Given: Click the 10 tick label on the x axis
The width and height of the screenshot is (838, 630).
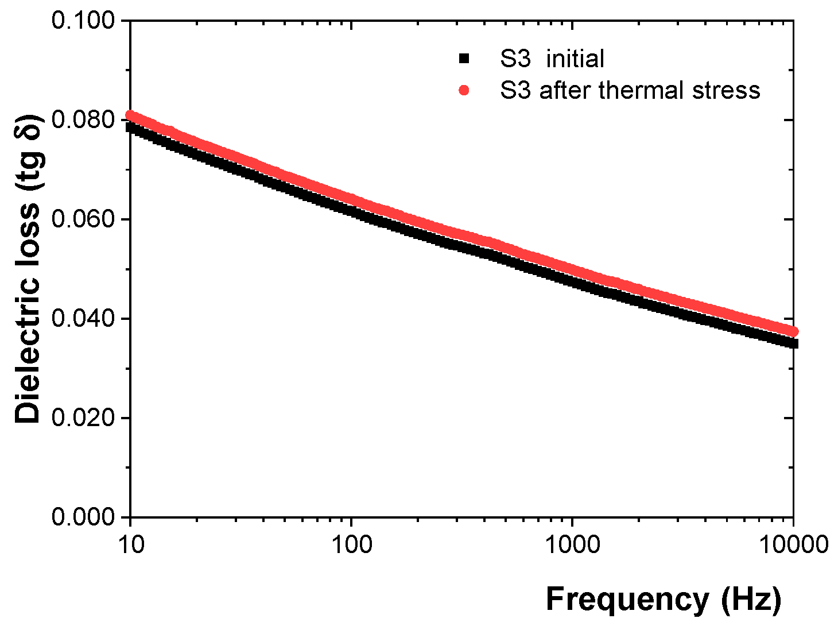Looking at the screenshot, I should click(131, 544).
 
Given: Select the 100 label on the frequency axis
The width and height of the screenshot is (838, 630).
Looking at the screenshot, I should click(351, 544).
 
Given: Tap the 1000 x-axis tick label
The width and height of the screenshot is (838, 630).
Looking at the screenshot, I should click(572, 544).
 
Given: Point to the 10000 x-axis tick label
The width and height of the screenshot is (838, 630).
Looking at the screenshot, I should click(793, 544).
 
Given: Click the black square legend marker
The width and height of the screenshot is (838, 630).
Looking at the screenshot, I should click(464, 59).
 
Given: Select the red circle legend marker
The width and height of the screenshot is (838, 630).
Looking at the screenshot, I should click(464, 90).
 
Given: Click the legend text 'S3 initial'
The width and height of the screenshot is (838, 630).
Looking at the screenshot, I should click(552, 59).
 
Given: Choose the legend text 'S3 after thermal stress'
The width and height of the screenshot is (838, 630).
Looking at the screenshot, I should click(630, 90).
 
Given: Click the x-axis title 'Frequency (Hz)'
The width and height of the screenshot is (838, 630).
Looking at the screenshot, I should click(663, 599).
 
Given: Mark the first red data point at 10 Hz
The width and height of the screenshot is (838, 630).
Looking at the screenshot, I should click(131, 115).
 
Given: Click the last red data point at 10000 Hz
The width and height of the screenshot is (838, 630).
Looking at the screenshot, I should click(793, 331).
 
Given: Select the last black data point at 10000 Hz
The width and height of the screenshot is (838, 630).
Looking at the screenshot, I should click(793, 343).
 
